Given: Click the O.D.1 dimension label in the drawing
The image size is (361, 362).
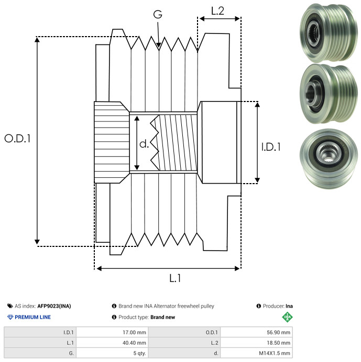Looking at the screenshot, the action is click(x=17, y=139).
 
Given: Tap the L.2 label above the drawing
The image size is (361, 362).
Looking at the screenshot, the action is click(x=217, y=11).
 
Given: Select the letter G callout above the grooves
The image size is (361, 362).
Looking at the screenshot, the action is click(x=158, y=14).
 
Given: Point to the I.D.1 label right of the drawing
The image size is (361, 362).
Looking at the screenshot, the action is click(x=271, y=147).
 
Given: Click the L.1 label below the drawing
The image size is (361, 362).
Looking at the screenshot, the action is click(x=175, y=278).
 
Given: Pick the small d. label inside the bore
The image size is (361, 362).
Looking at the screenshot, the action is click(x=144, y=144).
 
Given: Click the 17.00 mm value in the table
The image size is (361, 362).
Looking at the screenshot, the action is click(x=134, y=333).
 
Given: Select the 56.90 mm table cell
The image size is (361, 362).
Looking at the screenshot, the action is click(x=278, y=333).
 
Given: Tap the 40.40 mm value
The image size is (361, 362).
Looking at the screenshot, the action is click(x=134, y=343).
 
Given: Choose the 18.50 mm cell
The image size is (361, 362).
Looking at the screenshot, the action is click(x=278, y=343).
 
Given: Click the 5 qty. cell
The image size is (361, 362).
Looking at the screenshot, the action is click(x=140, y=353).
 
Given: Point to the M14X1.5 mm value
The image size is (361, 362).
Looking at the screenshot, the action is click(x=275, y=353).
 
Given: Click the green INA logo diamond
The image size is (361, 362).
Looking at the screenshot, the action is click(x=288, y=317).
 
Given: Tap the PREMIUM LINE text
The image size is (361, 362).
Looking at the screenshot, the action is click(x=32, y=317).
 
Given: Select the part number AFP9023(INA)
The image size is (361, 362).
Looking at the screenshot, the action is click(x=54, y=306).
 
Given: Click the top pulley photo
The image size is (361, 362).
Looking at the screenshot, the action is click(x=329, y=33).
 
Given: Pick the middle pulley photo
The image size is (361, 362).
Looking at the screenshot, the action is click(x=329, y=94).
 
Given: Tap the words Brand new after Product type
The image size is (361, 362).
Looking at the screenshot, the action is click(x=163, y=317).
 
